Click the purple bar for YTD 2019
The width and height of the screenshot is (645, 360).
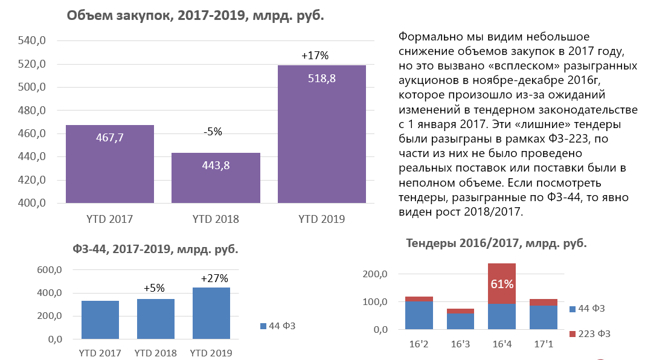click(x=322, y=134)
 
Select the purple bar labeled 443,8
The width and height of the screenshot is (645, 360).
click(x=216, y=178)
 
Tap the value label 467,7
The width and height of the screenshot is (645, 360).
click(x=110, y=138)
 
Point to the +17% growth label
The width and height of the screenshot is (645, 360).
click(x=315, y=56)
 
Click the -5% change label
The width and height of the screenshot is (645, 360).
click(x=213, y=132)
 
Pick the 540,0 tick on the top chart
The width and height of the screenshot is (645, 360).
click(x=31, y=40)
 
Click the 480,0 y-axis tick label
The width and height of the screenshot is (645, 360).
click(x=31, y=111)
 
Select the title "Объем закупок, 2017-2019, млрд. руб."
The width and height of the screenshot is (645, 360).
click(x=196, y=16)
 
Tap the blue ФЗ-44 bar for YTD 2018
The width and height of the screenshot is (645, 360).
click(x=155, y=319)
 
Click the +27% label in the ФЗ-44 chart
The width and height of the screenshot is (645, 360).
click(x=214, y=278)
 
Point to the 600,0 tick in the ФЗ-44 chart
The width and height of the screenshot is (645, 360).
click(x=50, y=270)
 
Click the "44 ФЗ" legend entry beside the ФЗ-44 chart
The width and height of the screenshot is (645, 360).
click(x=278, y=326)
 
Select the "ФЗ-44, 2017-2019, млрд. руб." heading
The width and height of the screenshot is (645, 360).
click(x=155, y=249)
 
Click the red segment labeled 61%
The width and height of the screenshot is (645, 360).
click(x=502, y=283)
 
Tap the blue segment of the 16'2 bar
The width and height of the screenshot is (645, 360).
click(x=419, y=315)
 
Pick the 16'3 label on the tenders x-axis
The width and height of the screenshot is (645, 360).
click(x=460, y=344)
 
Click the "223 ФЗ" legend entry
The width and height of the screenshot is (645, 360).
click(x=590, y=333)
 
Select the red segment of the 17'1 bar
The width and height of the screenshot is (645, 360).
click(x=544, y=303)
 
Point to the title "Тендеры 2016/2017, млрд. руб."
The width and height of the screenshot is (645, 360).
click(x=496, y=243)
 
